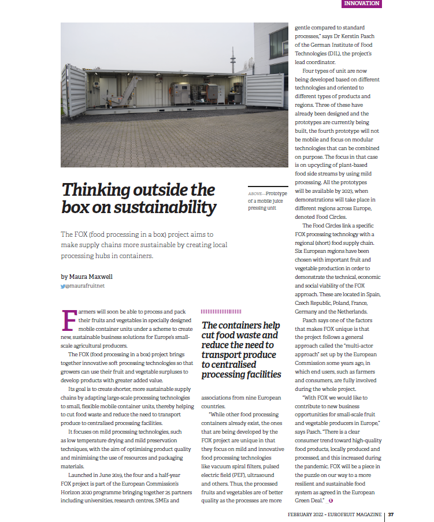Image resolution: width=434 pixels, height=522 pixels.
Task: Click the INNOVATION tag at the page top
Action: pos(361,3)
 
